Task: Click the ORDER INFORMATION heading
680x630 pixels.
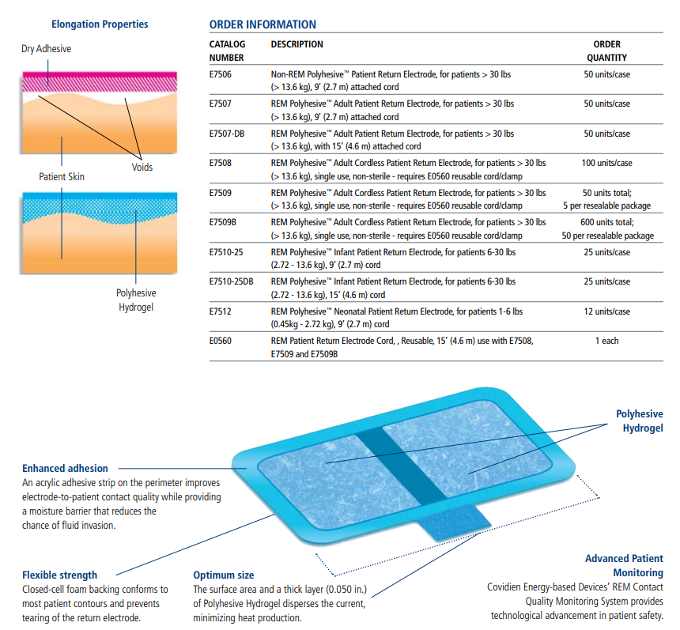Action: [x=263, y=25]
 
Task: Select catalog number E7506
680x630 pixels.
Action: [x=221, y=74]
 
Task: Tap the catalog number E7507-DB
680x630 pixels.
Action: [x=227, y=134]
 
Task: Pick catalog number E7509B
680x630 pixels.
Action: [x=223, y=222]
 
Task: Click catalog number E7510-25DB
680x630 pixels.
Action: [x=231, y=282]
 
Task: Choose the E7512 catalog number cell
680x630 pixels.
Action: [x=221, y=311]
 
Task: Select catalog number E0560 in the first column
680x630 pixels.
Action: [x=221, y=341]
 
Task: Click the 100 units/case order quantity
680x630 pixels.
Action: [x=606, y=163]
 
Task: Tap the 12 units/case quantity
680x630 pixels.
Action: [x=606, y=311]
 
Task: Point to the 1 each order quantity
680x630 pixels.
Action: [x=606, y=341]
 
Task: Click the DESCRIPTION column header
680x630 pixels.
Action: [x=297, y=44]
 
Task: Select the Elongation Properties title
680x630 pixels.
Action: [x=100, y=25]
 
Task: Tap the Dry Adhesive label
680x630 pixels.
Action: [x=47, y=48]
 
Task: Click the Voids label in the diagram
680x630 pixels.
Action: [x=142, y=167]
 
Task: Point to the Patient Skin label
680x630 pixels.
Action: [x=62, y=177]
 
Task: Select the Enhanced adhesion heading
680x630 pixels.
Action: [x=65, y=468]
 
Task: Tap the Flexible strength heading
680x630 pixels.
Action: [x=60, y=575]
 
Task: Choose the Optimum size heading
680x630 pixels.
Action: [x=224, y=575]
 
